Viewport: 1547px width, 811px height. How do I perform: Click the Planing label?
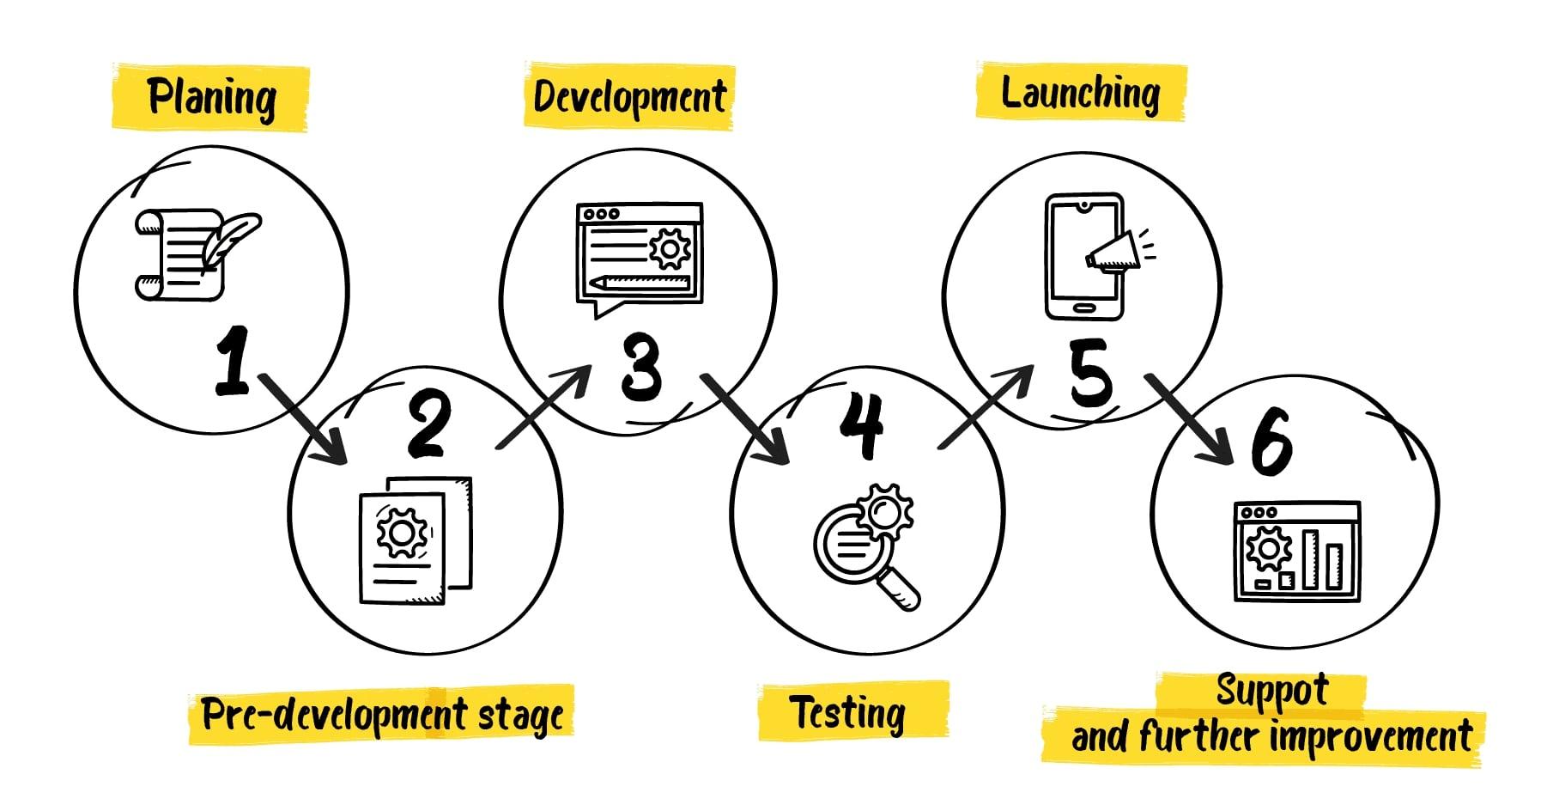coord(211,97)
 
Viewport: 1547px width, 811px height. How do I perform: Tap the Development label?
coord(629,97)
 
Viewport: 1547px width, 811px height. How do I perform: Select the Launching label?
coord(1080,93)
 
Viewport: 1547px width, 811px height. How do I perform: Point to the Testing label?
coord(847,713)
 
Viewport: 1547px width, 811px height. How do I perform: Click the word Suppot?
coord(1272,691)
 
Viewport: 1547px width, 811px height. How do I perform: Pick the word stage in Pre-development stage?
coord(521,715)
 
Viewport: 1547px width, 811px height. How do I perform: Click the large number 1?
coord(231,361)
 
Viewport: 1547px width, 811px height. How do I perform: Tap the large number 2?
coord(428,423)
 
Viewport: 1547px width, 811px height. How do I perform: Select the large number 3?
coord(641,367)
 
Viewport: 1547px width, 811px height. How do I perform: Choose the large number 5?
coord(1090,373)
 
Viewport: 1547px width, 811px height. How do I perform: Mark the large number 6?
coord(1271,441)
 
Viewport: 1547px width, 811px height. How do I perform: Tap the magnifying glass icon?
coord(864,546)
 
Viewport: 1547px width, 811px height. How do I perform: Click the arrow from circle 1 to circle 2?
coord(302,418)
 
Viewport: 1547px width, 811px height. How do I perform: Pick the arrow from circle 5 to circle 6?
coord(1190,418)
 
